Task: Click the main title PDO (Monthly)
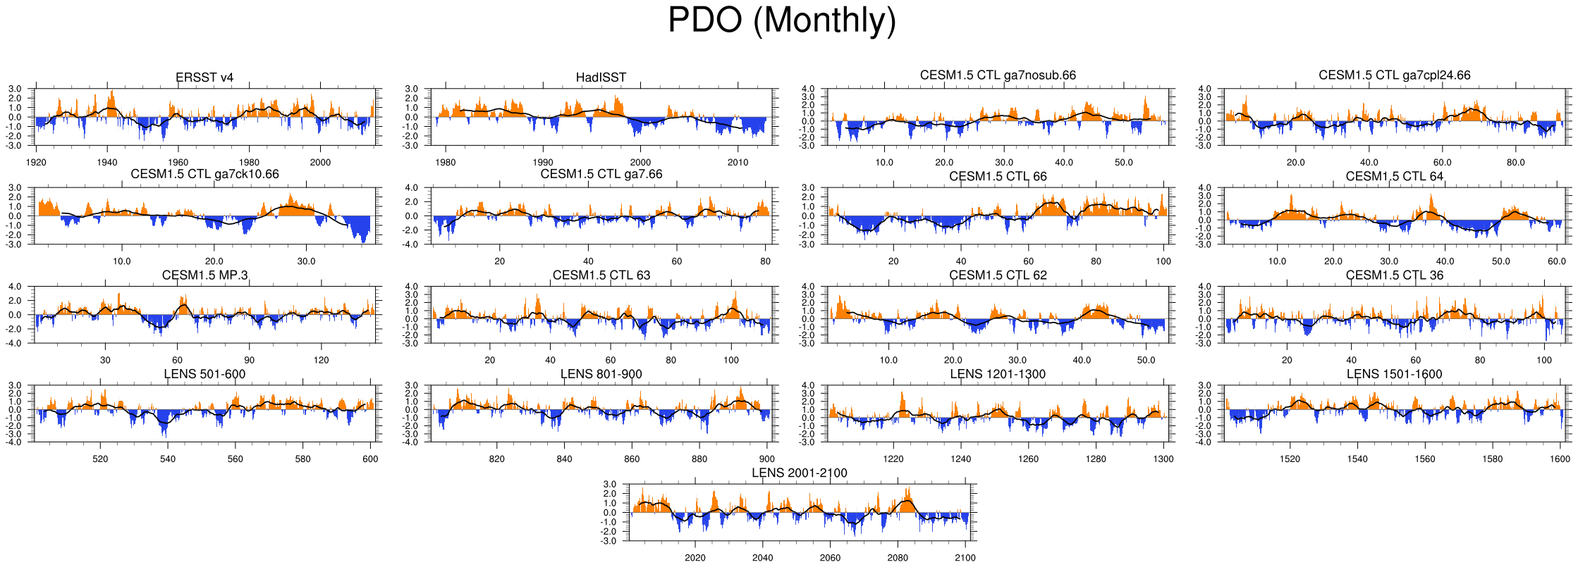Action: coord(781,20)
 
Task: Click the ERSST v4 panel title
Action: coord(204,77)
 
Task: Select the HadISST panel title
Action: coord(601,77)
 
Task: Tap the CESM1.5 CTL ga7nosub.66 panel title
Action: coord(998,75)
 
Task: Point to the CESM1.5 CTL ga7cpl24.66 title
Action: coord(1394,75)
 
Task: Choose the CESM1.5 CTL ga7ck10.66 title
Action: coord(204,174)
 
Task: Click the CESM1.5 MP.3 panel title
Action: coord(204,275)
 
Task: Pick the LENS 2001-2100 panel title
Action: coord(799,473)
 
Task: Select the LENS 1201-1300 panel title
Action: coord(998,374)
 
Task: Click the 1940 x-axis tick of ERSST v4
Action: coord(107,162)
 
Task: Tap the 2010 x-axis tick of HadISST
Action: coord(738,162)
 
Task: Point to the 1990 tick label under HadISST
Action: coord(543,162)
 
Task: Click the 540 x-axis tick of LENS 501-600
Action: coord(168,459)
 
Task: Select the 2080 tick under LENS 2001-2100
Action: coord(898,558)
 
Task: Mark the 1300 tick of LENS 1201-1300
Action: coord(1163,459)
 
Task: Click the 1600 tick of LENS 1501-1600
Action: coord(1560,459)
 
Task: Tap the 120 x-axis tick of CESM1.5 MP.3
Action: coord(322,360)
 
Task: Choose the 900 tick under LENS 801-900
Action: coord(766,459)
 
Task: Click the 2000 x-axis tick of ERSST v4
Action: coord(321,162)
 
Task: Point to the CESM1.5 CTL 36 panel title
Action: coord(1394,275)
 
